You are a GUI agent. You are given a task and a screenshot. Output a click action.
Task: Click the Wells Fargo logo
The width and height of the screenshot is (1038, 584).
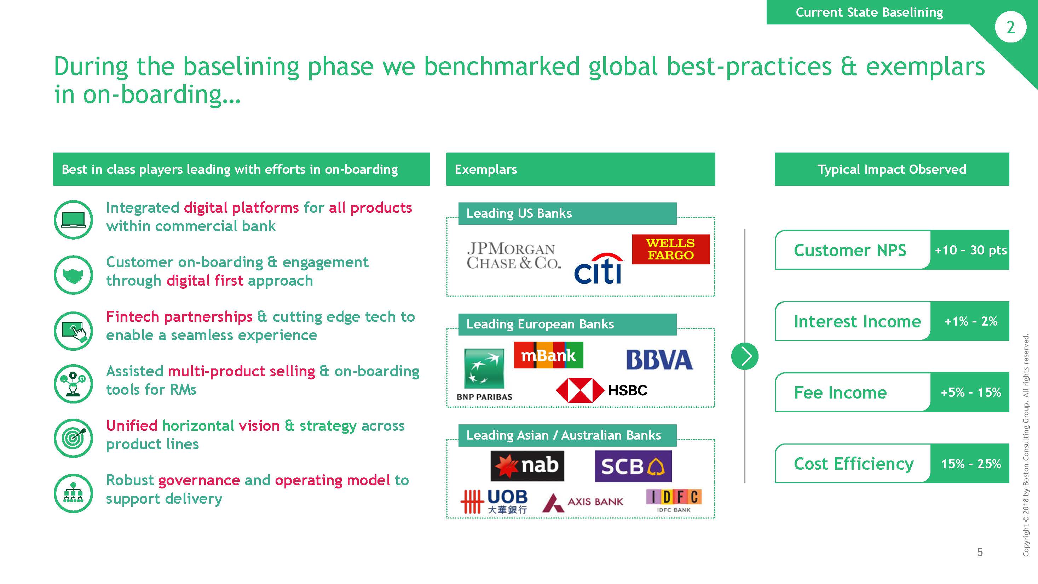tap(671, 249)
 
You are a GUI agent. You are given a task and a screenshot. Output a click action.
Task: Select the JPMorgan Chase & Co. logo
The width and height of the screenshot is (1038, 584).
tap(514, 256)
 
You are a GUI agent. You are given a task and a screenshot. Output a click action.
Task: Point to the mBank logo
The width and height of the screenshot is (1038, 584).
tap(548, 355)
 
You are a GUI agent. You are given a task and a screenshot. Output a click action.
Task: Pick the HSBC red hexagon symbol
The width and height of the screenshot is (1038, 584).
tap(580, 390)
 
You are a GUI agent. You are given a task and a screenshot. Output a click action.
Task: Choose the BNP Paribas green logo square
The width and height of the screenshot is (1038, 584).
tap(484, 369)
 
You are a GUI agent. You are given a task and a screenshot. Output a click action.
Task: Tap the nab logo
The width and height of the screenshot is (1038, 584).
tap(527, 466)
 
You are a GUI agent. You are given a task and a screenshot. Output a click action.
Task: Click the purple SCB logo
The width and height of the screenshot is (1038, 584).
tap(633, 466)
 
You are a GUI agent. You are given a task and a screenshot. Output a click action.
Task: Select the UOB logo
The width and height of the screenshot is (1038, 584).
tap(494, 502)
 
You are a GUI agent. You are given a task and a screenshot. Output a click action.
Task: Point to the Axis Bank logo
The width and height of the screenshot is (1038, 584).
tap(583, 502)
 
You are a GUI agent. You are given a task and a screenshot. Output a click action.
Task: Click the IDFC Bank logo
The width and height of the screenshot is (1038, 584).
tap(674, 501)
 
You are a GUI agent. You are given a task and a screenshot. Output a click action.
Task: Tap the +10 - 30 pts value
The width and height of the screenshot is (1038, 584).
tap(970, 250)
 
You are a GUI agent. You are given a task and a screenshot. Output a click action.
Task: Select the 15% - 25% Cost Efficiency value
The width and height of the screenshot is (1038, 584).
tap(971, 464)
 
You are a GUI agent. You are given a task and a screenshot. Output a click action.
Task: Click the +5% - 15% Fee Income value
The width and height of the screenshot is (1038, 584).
tap(971, 392)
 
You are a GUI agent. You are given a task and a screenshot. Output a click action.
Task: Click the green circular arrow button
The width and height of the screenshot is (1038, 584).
tap(745, 356)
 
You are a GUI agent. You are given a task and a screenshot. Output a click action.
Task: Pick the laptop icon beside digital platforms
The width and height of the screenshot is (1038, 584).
tap(73, 220)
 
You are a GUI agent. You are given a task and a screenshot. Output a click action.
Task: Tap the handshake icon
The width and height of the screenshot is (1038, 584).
tap(73, 275)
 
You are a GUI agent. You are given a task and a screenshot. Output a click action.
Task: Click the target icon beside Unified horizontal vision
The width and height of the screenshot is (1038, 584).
tap(73, 438)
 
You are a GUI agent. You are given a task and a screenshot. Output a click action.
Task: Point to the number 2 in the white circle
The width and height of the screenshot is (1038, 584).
tap(1010, 27)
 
